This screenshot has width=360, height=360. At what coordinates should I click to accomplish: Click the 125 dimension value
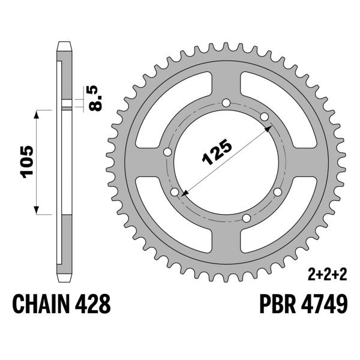click(217, 152)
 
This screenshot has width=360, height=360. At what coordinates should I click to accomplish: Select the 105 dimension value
click(28, 162)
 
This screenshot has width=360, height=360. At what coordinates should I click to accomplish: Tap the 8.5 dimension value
click(95, 98)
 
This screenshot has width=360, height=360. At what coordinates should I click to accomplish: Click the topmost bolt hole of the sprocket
click(226, 103)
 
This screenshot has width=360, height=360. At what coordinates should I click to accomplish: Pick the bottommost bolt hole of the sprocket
click(247, 218)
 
